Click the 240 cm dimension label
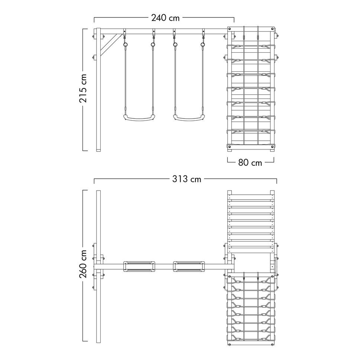point(165,18)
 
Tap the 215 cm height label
point(83,88)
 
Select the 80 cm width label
point(250,163)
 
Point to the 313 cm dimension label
point(187,179)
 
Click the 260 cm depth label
point(83,264)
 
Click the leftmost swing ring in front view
point(125,45)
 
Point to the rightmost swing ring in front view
point(203,45)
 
